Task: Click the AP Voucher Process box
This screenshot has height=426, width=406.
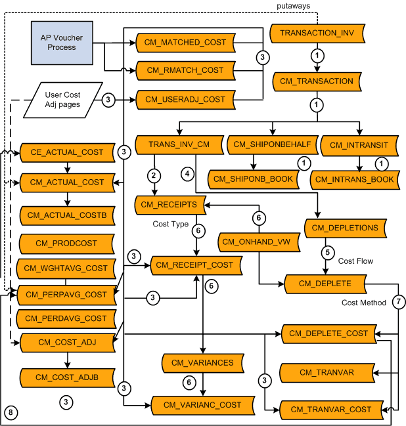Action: [x=61, y=43]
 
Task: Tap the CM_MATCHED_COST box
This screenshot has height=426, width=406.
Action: [x=186, y=43]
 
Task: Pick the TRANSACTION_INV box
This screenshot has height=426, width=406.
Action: [x=317, y=32]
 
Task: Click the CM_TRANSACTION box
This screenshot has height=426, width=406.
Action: [x=317, y=81]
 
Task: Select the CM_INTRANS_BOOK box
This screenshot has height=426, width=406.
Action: [x=355, y=179]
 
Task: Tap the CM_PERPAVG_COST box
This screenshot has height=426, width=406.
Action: [x=67, y=295]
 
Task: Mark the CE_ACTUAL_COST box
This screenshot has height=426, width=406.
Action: [x=67, y=152]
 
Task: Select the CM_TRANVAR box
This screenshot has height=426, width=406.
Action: [x=327, y=373]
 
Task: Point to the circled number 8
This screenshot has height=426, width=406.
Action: [x=11, y=412]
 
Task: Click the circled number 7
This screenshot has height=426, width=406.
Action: [x=399, y=303]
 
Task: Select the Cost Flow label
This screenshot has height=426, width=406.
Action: [x=355, y=261]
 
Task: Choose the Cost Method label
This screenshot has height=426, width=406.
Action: [x=363, y=303]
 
